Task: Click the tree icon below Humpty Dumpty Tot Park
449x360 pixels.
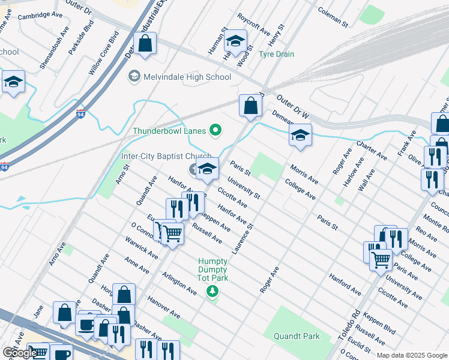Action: [211, 292]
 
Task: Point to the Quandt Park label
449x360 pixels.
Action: [297, 336]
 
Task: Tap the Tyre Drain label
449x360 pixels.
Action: [276, 54]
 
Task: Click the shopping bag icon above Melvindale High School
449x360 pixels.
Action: [145, 44]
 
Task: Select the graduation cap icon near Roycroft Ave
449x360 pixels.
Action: [235, 41]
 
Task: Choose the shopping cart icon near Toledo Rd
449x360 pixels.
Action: [381, 260]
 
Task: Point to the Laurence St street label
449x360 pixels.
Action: [243, 238]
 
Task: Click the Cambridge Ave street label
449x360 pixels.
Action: [40, 16]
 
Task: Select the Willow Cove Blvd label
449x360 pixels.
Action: [104, 53]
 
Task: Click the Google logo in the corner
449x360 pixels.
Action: [20, 352]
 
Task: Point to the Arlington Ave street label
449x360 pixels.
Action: [179, 283]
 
